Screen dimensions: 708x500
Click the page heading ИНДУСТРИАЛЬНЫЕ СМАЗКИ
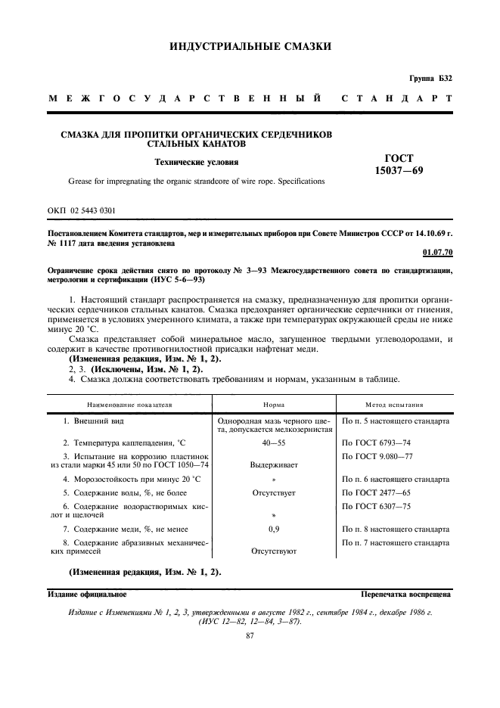[x=250, y=47]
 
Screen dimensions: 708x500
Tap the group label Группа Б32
[x=430, y=79]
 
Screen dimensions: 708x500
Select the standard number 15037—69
[x=399, y=171]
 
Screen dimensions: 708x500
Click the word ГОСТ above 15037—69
[x=399, y=158]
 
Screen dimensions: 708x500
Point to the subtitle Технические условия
[x=196, y=161]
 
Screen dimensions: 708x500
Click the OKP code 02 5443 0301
[x=82, y=209]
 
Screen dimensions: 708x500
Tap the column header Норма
[x=273, y=405]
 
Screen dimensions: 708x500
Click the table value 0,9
[x=273, y=529]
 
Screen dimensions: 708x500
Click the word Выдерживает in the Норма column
[x=273, y=466]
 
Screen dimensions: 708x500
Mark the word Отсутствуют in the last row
[x=273, y=552]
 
